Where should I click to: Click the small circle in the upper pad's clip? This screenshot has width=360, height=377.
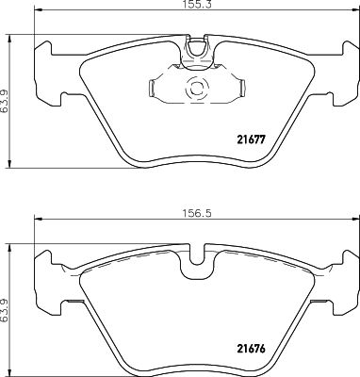(x=197, y=91)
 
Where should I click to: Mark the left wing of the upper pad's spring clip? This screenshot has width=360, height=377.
(x=156, y=89)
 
